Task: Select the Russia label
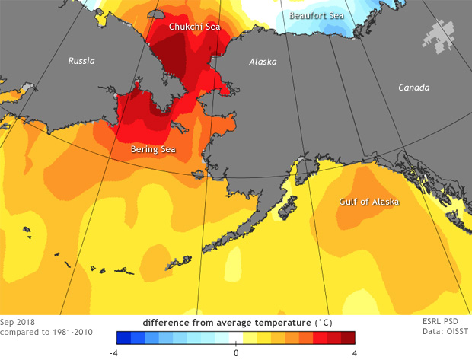pyautogui.click(x=81, y=60)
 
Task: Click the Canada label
pyautogui.click(x=414, y=88)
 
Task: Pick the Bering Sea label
pyautogui.click(x=153, y=149)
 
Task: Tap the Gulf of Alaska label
pyautogui.click(x=369, y=202)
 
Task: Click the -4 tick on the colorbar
pyautogui.click(x=112, y=352)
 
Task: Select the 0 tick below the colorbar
pyautogui.click(x=236, y=352)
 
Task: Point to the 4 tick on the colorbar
pyautogui.click(x=355, y=352)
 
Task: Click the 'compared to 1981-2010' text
pyautogui.click(x=44, y=333)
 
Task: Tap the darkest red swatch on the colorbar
pyautogui.click(x=348, y=338)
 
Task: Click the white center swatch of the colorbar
pyautogui.click(x=236, y=338)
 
